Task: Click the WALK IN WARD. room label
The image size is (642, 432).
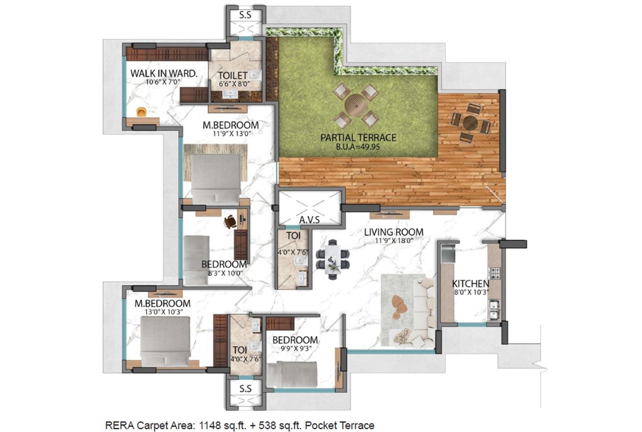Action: pos(164,73)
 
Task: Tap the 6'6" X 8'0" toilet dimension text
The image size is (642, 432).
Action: pos(232,83)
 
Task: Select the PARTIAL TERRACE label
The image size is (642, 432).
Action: pos(358,138)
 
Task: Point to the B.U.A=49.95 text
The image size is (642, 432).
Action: pos(358,147)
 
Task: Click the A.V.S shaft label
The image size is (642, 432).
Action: pos(309,220)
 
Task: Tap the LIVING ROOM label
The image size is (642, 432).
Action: pos(393,232)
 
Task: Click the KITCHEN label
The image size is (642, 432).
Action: pos(470,284)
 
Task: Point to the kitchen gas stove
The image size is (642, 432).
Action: pos(495,272)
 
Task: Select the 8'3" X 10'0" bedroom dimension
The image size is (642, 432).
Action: pos(225,273)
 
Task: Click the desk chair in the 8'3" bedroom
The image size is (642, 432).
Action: pos(230,220)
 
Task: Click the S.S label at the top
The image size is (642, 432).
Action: pos(245,15)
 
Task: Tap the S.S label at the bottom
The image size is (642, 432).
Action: pos(245,389)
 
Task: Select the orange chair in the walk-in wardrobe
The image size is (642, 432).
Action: pos(141,112)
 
